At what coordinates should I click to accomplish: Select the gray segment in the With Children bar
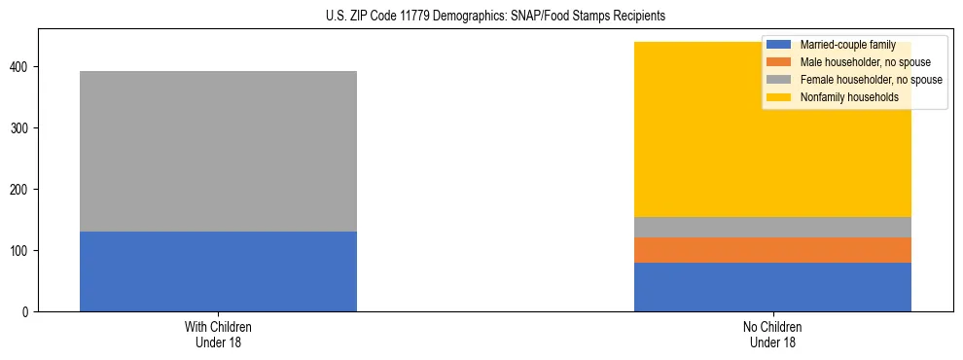[x=218, y=151]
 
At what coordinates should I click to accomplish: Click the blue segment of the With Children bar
[x=218, y=271]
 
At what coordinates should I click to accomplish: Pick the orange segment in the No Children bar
[x=772, y=250]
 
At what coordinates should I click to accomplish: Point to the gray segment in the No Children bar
[x=772, y=227]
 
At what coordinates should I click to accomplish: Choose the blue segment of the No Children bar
[x=772, y=287]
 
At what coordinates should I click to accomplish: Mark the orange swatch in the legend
[x=779, y=62]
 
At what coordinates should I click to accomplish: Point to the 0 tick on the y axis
[x=28, y=311]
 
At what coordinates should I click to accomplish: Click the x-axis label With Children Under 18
[x=218, y=334]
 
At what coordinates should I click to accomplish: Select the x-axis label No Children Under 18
[x=772, y=334]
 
